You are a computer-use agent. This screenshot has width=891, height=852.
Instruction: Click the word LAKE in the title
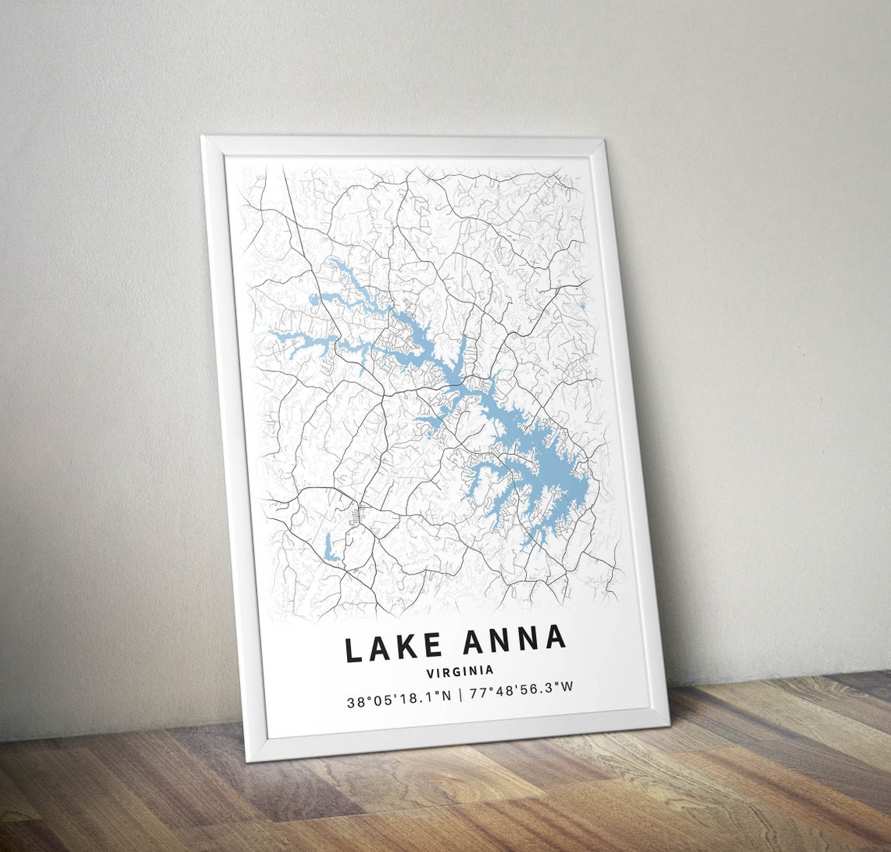pyautogui.click(x=394, y=648)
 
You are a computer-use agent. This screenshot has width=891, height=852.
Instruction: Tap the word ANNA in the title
pyautogui.click(x=513, y=640)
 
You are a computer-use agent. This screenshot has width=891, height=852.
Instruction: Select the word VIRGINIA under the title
pyautogui.click(x=460, y=671)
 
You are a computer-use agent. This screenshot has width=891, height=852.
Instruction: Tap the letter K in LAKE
pyautogui.click(x=410, y=647)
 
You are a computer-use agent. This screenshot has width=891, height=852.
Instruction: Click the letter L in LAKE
pyautogui.click(x=353, y=650)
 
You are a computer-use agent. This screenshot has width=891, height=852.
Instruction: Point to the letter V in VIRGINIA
pyautogui.click(x=431, y=672)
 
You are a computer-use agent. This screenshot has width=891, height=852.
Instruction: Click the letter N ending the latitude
pyautogui.click(x=446, y=696)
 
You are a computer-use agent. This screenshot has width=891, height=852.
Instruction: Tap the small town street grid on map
pyautogui.click(x=361, y=515)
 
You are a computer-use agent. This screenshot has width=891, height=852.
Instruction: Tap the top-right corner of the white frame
pyautogui.click(x=604, y=139)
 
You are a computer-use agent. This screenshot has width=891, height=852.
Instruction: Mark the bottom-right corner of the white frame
pyautogui.click(x=669, y=724)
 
